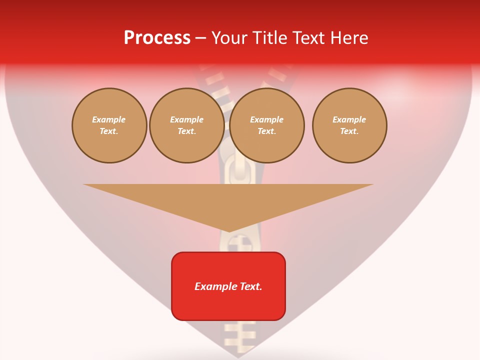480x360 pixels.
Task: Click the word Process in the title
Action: coord(157,37)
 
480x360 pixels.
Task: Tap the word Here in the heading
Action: coord(348,37)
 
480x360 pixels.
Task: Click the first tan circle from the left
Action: coord(109,125)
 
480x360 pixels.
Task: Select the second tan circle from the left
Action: coord(186,125)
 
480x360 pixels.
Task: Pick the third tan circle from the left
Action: coord(267,125)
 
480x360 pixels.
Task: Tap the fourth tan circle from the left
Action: coord(349,125)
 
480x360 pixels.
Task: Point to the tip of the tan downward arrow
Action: coord(229,231)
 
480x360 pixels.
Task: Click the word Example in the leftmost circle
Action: coord(109,119)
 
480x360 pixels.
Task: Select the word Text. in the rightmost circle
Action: coord(349,131)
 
